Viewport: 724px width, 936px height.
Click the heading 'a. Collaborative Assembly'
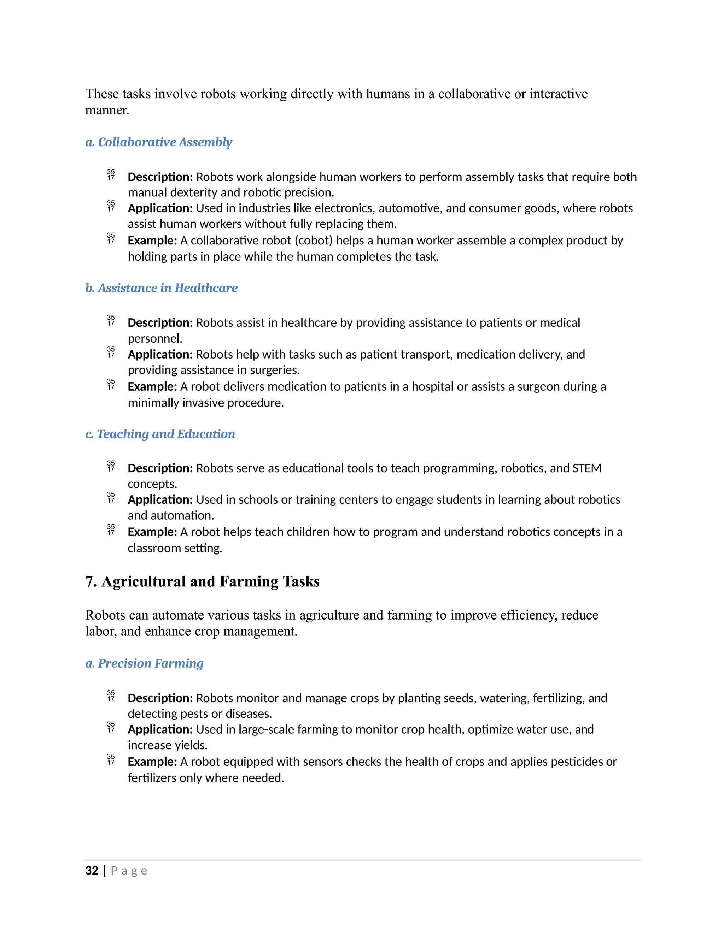pyautogui.click(x=159, y=142)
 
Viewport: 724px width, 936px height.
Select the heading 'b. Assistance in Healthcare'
pyautogui.click(x=161, y=288)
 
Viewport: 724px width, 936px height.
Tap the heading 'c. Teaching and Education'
pyautogui.click(x=160, y=434)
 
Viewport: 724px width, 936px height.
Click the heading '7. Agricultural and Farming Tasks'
pyautogui.click(x=203, y=582)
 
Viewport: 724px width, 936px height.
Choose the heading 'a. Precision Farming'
pyautogui.click(x=144, y=663)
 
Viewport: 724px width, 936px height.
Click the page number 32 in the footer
pyautogui.click(x=92, y=870)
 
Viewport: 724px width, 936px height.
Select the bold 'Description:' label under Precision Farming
pyautogui.click(x=160, y=698)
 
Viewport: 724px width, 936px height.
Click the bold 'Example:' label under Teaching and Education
pyautogui.click(x=152, y=532)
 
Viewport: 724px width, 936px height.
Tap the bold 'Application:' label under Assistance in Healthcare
pyautogui.click(x=160, y=354)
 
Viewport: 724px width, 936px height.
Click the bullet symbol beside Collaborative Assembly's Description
pyautogui.click(x=111, y=175)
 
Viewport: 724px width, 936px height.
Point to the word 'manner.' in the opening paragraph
pyautogui.click(x=107, y=110)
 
